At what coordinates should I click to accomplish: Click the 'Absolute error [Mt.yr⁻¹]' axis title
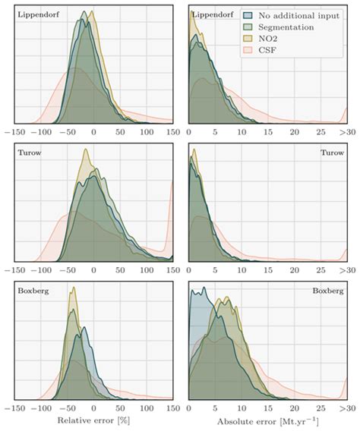click(x=268, y=422)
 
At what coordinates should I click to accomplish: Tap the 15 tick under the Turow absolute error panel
click(x=268, y=270)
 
